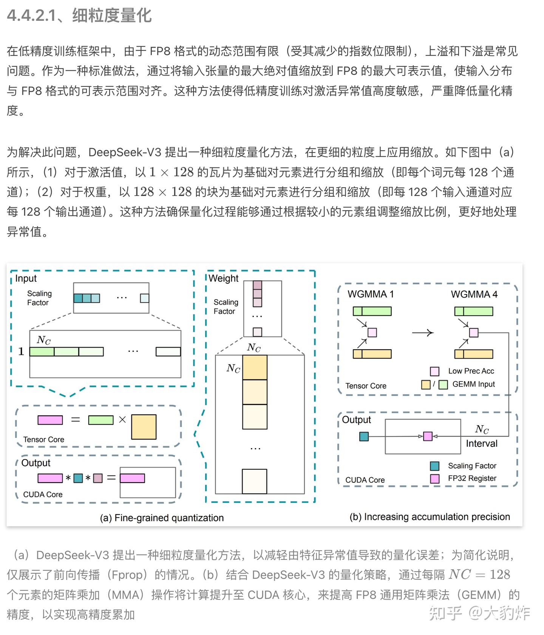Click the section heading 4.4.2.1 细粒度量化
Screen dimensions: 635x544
click(79, 16)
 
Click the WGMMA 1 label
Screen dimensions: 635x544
click(370, 294)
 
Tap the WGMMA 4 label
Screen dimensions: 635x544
click(474, 294)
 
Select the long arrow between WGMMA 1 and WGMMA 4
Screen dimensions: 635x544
click(422, 333)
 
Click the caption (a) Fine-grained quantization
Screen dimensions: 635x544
click(162, 518)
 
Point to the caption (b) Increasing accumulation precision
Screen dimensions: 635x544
click(430, 517)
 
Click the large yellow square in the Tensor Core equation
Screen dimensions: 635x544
click(144, 427)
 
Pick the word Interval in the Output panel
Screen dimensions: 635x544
click(481, 443)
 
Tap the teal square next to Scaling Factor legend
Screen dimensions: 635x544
click(434, 466)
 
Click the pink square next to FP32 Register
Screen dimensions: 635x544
click(434, 479)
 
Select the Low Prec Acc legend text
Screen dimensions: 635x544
click(471, 371)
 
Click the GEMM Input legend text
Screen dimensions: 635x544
click(473, 384)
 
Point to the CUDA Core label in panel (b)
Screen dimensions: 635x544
click(365, 480)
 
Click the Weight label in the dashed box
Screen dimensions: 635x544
click(223, 278)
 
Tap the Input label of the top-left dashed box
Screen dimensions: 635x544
click(26, 278)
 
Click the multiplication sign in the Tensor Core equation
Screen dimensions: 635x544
click(122, 419)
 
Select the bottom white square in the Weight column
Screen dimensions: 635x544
click(254, 481)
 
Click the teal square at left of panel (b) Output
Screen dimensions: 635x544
click(364, 436)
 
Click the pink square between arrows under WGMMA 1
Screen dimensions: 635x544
click(372, 333)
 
